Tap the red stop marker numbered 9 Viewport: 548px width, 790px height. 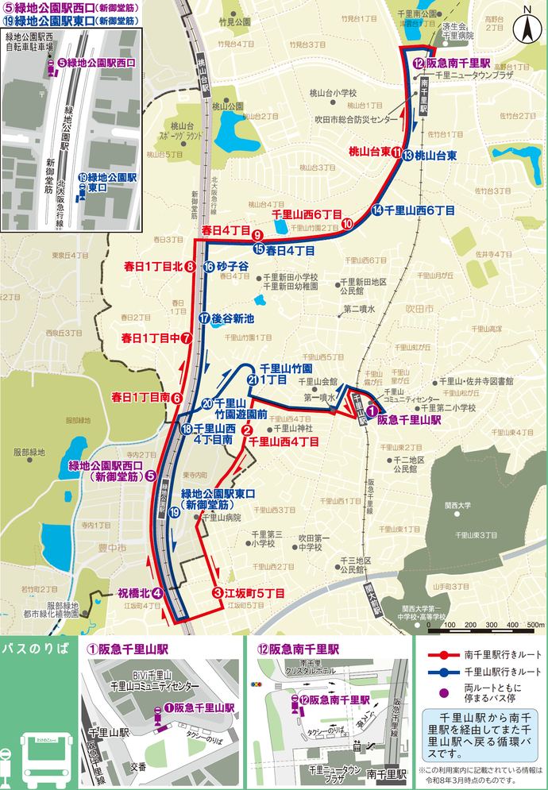tap(257, 235)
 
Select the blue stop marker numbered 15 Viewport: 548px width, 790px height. tap(258, 249)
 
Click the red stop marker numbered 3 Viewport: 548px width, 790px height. tap(216, 592)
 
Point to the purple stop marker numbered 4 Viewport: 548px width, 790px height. tap(158, 592)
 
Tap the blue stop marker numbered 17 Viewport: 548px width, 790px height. tap(204, 318)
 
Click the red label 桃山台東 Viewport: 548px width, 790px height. tap(369, 151)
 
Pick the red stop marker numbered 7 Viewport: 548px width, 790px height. tap(186, 337)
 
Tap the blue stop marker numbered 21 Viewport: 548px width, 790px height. tap(252, 380)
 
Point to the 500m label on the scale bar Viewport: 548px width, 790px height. tap(534, 625)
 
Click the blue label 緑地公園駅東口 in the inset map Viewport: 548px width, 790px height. tap(109, 182)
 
